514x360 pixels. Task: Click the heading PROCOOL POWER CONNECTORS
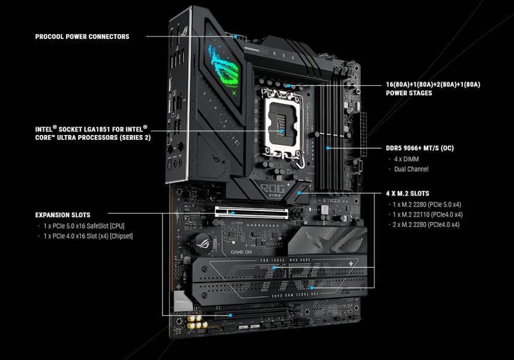point(82,37)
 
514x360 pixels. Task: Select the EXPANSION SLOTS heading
point(62,215)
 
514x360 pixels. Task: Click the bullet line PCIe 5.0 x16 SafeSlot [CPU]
point(84,226)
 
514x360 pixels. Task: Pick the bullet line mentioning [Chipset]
point(88,236)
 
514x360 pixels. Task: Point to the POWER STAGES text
point(409,93)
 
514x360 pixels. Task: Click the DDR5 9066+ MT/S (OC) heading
point(420,148)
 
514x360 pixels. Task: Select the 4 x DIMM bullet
point(407,159)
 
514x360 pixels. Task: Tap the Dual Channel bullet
point(411,169)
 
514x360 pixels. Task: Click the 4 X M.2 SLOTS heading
point(407,193)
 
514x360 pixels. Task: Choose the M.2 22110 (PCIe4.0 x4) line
point(428,215)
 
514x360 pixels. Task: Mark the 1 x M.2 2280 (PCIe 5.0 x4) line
point(427,205)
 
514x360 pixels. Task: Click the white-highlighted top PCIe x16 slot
point(251,213)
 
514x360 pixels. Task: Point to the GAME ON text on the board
point(241,252)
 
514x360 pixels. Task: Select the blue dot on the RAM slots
point(327,148)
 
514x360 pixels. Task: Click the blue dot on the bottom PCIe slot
point(230,316)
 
